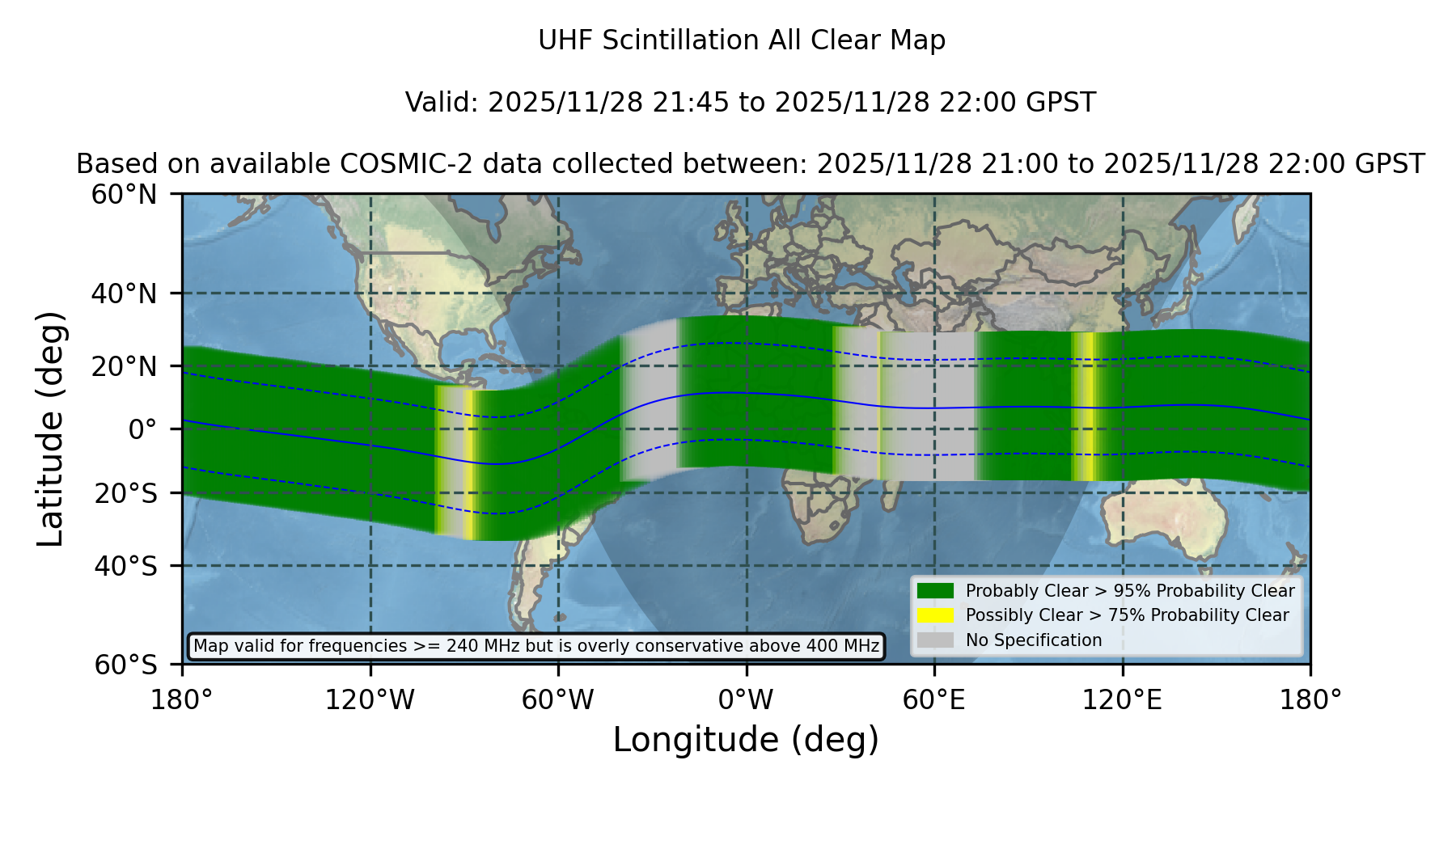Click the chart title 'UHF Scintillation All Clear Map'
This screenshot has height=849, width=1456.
point(742,40)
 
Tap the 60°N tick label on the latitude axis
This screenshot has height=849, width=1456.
point(125,195)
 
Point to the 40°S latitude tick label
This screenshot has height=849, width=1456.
point(125,566)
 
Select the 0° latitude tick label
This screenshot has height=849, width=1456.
point(142,429)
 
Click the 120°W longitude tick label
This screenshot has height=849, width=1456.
point(370,699)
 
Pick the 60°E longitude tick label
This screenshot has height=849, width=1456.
point(934,699)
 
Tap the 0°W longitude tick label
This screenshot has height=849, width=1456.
point(747,699)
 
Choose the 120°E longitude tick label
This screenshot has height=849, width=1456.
point(1122,699)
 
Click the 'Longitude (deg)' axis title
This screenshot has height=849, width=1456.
point(746,740)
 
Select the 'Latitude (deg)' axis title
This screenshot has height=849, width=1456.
point(51,429)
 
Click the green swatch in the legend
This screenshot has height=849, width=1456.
point(936,590)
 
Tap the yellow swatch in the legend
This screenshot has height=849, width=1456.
point(936,615)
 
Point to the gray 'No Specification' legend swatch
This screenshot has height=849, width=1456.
point(936,640)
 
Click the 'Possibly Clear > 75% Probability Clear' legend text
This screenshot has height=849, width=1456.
point(1127,615)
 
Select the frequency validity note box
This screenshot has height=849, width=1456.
point(536,646)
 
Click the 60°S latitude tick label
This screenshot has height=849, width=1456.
point(125,665)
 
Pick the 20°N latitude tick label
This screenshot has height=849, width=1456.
point(125,366)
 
